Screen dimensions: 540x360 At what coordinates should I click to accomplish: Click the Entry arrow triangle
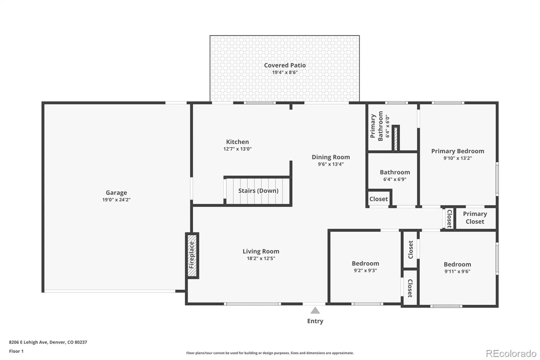(x=315, y=310)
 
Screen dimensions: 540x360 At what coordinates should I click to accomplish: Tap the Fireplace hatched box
(x=192, y=256)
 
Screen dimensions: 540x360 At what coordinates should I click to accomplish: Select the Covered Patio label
(x=285, y=65)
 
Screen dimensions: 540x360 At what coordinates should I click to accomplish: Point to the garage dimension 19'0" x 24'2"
(x=116, y=200)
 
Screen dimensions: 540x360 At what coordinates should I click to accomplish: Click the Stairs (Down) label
(x=259, y=190)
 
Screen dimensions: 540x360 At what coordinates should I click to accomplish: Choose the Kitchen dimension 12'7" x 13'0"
(x=238, y=149)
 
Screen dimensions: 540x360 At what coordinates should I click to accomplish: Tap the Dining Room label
(x=331, y=157)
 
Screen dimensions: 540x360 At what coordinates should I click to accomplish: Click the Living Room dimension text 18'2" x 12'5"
(x=261, y=258)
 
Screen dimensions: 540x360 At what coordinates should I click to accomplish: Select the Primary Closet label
(x=475, y=217)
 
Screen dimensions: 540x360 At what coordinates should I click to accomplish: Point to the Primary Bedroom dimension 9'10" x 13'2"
(x=458, y=158)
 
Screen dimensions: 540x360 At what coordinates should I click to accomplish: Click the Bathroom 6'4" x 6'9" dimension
(x=395, y=179)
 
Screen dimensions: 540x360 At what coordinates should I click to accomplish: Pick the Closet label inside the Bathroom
(x=378, y=199)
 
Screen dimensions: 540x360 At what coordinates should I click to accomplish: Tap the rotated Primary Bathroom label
(x=377, y=126)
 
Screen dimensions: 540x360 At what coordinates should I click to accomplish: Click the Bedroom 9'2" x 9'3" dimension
(x=366, y=271)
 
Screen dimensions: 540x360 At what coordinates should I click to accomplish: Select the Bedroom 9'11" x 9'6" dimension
(x=457, y=272)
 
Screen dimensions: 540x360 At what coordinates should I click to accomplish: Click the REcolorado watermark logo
(x=511, y=354)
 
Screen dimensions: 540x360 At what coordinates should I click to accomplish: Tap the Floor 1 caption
(x=17, y=351)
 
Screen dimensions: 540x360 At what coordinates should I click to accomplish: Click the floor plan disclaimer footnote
(x=270, y=353)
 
